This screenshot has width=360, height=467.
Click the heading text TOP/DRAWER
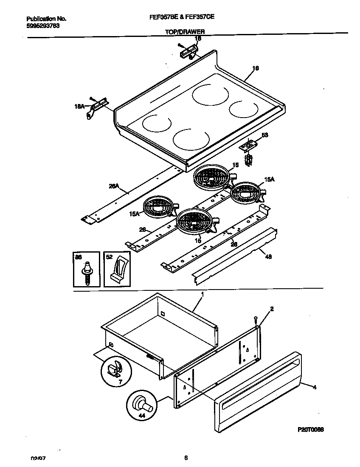[x=185, y=32]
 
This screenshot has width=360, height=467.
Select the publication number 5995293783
[x=42, y=25]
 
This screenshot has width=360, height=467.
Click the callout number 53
[x=265, y=135]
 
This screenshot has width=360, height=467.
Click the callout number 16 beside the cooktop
[x=256, y=68]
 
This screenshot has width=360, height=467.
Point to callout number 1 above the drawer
[x=202, y=294]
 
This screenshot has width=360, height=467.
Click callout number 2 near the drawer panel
[x=272, y=309]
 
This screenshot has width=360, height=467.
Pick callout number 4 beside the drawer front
[x=314, y=387]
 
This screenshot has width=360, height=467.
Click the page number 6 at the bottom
[x=186, y=458]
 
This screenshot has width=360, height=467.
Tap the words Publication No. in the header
[x=46, y=19]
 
